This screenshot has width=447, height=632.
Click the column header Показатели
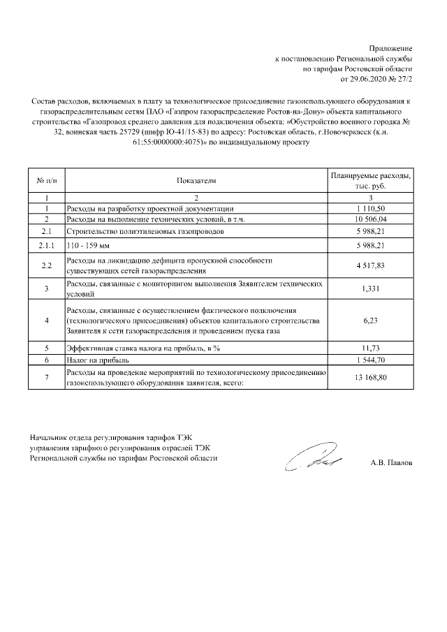click(196, 181)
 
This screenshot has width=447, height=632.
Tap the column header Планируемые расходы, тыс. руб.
click(370, 181)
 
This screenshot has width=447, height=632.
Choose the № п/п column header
click(46, 181)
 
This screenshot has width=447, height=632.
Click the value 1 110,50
click(370, 209)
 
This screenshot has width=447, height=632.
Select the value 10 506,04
click(370, 219)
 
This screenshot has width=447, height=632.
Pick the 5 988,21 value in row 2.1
click(370, 231)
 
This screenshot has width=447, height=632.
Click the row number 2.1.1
click(46, 246)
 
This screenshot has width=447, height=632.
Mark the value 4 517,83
click(370, 265)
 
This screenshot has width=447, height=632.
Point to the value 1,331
click(370, 289)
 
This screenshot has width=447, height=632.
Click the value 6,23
click(370, 321)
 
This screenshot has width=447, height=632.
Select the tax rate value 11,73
click(370, 347)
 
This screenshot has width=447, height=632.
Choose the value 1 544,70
click(370, 359)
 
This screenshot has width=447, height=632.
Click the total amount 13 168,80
click(370, 379)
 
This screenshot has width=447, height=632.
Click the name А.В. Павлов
click(392, 462)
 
